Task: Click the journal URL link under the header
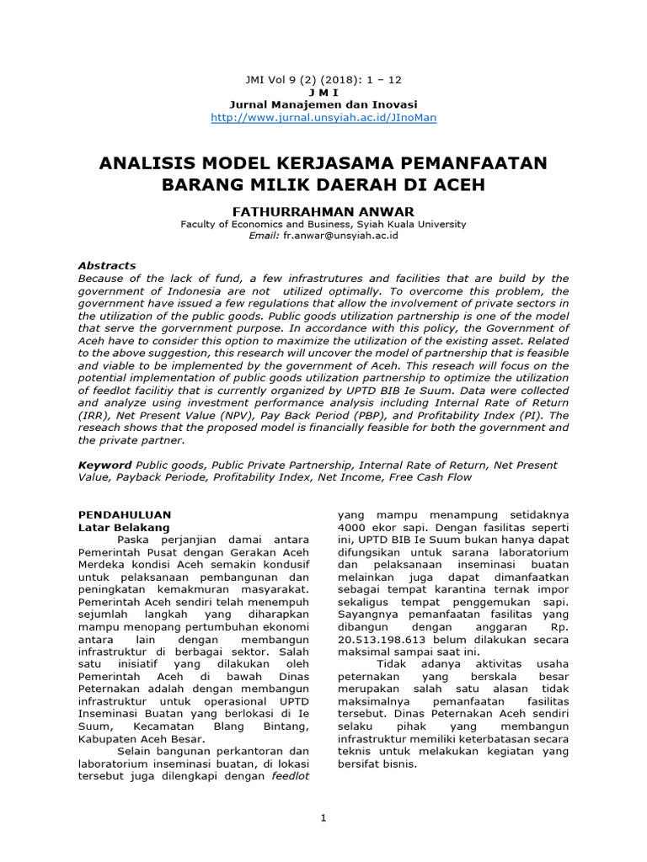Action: [x=323, y=117]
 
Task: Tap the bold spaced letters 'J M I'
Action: [x=323, y=92]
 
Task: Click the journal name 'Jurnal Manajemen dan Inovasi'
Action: [x=323, y=104]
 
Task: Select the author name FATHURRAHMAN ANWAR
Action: [x=323, y=211]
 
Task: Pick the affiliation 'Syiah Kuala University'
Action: [x=410, y=224]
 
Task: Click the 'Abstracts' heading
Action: [x=107, y=265]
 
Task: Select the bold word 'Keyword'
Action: [x=104, y=465]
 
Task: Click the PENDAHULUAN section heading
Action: [x=125, y=513]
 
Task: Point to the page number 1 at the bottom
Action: [x=323, y=818]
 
